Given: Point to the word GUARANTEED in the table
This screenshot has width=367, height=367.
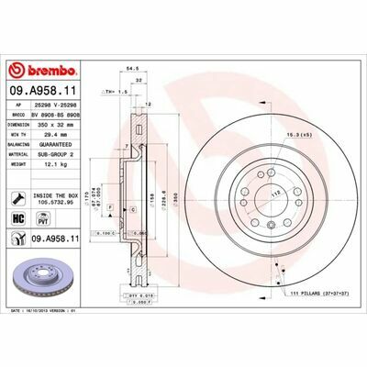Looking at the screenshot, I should pyautogui.click(x=61, y=144).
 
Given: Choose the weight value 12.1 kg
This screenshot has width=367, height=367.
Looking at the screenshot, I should pyautogui.click(x=56, y=166).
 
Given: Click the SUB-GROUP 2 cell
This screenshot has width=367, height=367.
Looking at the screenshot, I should pyautogui.click(x=61, y=155).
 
